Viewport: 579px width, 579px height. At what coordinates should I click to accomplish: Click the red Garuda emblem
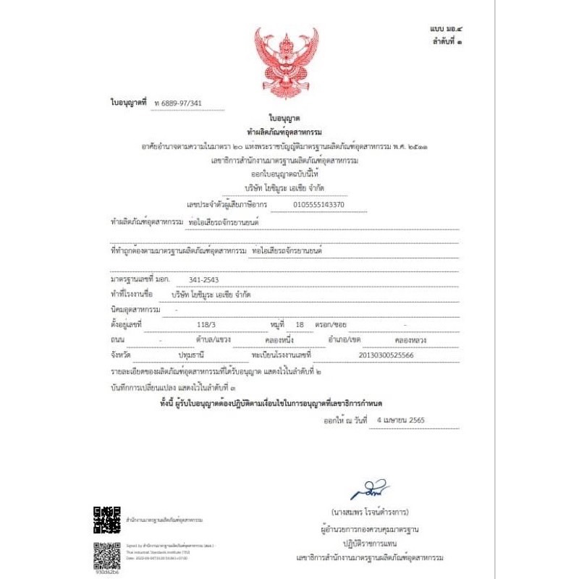coord(289,63)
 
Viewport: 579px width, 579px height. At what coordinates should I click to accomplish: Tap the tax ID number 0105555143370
coord(318,205)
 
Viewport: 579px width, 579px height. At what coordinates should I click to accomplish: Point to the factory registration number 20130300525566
coord(386,355)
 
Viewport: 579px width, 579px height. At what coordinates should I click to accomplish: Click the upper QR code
coord(106,520)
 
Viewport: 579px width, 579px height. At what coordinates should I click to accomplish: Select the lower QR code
coord(106,555)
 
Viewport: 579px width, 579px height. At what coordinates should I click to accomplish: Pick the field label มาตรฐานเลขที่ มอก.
coord(140,279)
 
